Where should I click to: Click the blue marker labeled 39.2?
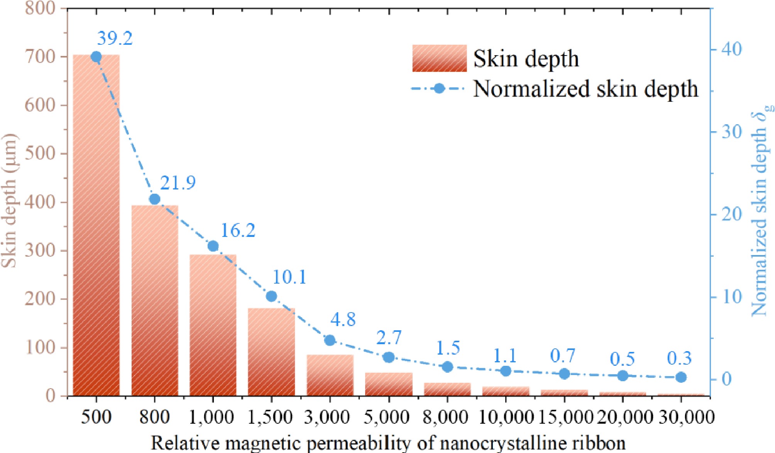(x=96, y=57)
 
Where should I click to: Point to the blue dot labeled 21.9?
(x=154, y=199)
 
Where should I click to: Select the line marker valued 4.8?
(x=330, y=340)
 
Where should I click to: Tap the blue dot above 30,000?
(x=681, y=377)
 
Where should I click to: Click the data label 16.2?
(x=238, y=230)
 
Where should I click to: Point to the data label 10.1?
(x=289, y=277)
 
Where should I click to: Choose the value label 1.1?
(x=505, y=356)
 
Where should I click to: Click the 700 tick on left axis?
(x=40, y=57)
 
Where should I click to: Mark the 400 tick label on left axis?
(x=40, y=202)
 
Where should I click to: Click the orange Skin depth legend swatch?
(x=439, y=58)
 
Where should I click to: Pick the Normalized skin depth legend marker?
(x=439, y=89)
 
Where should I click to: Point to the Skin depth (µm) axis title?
(x=9, y=201)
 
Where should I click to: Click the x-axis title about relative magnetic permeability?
(x=388, y=443)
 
